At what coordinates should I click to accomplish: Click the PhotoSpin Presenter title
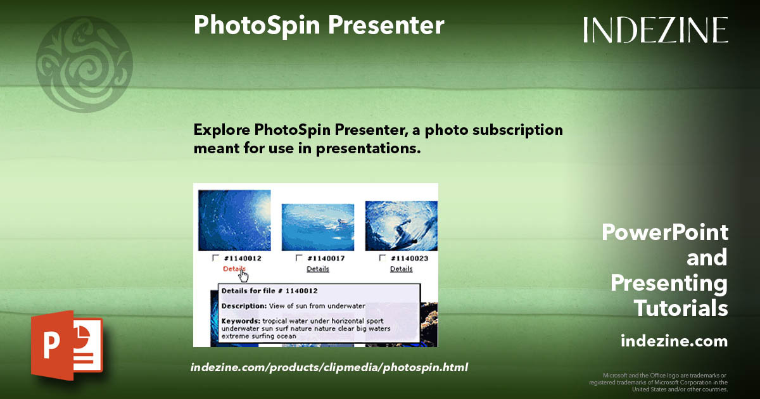click(319, 25)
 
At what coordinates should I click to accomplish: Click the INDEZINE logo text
click(655, 30)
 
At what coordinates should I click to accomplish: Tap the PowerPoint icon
click(66, 345)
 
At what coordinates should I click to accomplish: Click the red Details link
click(233, 269)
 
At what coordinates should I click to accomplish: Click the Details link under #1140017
click(317, 269)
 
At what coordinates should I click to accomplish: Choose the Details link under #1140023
click(401, 269)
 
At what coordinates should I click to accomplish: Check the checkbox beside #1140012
click(216, 258)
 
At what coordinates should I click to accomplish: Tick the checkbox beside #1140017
click(300, 258)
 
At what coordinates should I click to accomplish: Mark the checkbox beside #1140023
click(383, 258)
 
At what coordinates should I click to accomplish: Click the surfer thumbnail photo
click(401, 225)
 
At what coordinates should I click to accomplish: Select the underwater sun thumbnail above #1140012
click(234, 220)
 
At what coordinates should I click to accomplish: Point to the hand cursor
click(244, 276)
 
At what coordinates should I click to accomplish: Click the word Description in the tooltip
click(241, 306)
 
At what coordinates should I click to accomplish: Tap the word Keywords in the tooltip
click(240, 321)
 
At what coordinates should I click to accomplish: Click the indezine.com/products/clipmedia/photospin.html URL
click(329, 367)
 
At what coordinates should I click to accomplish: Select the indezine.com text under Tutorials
click(674, 341)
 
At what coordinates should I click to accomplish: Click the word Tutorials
click(681, 308)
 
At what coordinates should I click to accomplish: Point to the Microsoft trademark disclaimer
click(659, 383)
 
